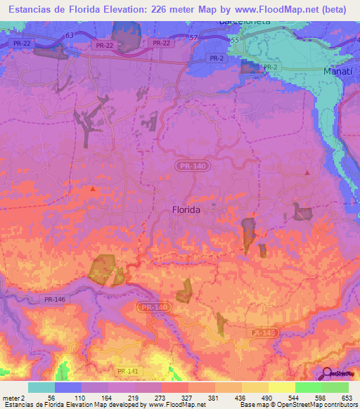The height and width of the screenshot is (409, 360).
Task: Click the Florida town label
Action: tap(186, 209)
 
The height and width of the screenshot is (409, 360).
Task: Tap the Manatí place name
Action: tap(340, 72)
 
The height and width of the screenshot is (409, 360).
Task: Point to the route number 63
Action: tap(69, 34)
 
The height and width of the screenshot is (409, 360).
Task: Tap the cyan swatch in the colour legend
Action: tap(41, 387)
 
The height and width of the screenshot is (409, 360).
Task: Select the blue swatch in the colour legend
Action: tap(68, 387)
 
